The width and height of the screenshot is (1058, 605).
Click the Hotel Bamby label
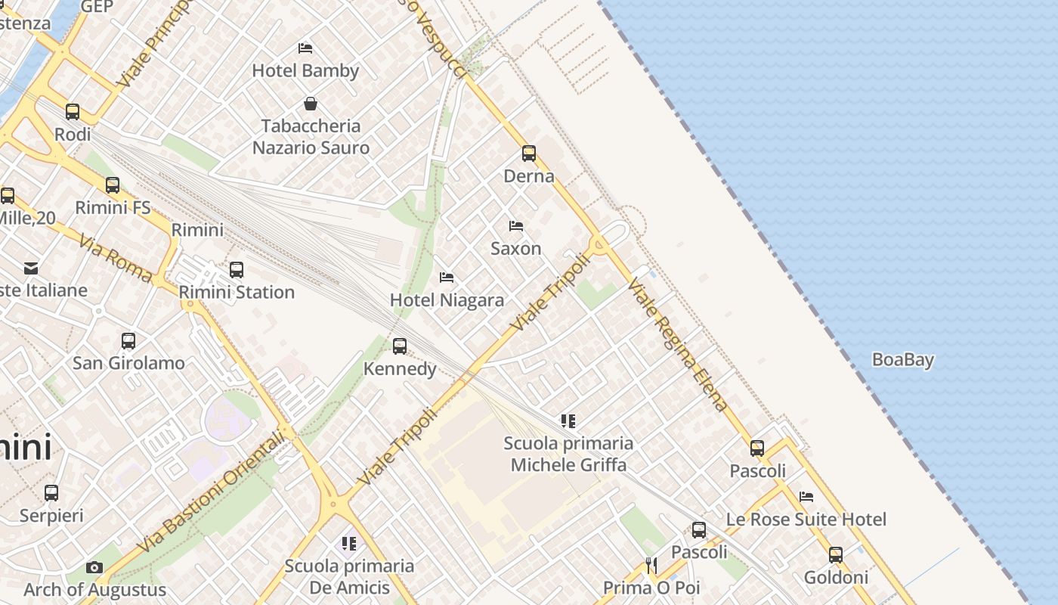(x=305, y=70)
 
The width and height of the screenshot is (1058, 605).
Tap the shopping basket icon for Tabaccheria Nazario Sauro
(x=310, y=104)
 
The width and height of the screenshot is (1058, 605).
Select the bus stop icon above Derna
(x=529, y=154)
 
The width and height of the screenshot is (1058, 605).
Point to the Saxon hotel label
(x=516, y=248)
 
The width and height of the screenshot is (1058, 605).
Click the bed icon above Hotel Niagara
(x=447, y=278)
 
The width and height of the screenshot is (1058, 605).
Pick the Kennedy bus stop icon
(x=400, y=346)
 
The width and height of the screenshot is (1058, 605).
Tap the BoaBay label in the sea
(x=903, y=360)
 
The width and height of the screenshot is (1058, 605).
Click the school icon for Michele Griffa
(x=568, y=420)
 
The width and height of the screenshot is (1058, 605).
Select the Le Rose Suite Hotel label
(x=806, y=520)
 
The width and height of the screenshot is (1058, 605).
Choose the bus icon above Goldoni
(x=836, y=555)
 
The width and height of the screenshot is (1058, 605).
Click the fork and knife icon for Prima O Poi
(x=651, y=564)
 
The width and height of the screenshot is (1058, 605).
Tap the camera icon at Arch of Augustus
(x=94, y=567)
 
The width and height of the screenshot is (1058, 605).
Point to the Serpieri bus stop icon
(x=51, y=493)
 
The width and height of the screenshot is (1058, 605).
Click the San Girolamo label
(x=128, y=363)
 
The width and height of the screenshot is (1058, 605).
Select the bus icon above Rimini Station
(x=237, y=270)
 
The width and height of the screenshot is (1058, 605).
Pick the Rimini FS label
(x=113, y=207)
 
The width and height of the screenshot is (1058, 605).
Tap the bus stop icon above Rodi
(x=73, y=112)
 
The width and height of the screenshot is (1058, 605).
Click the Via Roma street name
(x=115, y=258)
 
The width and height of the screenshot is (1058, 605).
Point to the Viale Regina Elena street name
(x=679, y=345)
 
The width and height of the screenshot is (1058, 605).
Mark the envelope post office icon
(x=31, y=268)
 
